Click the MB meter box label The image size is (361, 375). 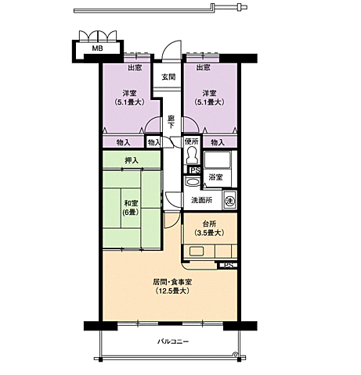(97, 48)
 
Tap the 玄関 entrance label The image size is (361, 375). (168, 77)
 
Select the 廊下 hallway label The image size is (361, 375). (171, 122)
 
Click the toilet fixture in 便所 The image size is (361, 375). (192, 155)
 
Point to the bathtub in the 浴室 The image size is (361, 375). (218, 160)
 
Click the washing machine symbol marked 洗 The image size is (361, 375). (230, 201)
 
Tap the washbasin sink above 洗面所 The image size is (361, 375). (192, 181)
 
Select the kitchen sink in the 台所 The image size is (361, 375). (197, 252)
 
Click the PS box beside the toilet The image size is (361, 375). (195, 170)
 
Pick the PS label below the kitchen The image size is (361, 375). (229, 266)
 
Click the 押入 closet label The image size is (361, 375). (132, 160)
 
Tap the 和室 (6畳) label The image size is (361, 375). (131, 207)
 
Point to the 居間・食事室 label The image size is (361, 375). (172, 282)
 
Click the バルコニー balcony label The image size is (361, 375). (173, 341)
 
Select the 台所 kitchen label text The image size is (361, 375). (209, 223)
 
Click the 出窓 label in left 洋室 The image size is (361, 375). (135, 68)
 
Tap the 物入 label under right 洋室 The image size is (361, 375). (218, 142)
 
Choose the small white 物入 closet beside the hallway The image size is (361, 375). (154, 142)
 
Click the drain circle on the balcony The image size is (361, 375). (235, 354)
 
